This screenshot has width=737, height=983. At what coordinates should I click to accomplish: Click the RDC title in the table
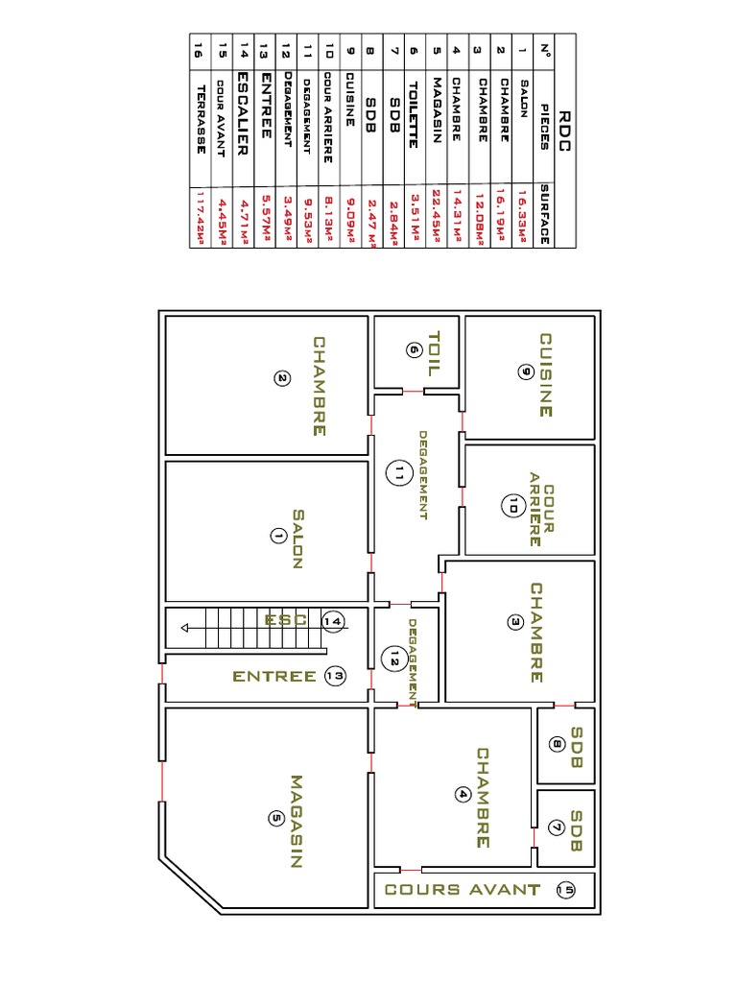[564, 131]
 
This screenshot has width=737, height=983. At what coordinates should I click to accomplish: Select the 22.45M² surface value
[437, 216]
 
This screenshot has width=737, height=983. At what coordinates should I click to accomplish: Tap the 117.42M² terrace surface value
[201, 217]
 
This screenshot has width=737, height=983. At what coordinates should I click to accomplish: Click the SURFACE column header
[545, 214]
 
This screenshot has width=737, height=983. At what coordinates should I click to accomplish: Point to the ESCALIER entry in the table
[243, 113]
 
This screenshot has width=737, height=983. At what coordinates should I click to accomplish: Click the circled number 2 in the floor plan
[282, 378]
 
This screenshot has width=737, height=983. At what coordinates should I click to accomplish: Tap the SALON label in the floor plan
[297, 539]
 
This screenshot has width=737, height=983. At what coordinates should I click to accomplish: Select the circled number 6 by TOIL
[415, 349]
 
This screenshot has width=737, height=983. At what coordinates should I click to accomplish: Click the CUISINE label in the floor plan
[546, 375]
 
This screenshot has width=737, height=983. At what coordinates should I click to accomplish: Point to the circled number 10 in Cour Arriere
[513, 505]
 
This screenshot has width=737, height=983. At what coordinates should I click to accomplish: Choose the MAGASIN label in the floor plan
[297, 822]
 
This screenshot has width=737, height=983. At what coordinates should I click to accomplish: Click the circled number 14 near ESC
[333, 621]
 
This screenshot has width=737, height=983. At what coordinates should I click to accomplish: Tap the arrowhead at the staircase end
[184, 628]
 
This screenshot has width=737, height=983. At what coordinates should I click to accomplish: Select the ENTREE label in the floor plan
[274, 677]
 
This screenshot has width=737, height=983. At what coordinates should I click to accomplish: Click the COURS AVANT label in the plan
[463, 890]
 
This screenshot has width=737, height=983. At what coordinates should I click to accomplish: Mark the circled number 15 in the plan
[565, 890]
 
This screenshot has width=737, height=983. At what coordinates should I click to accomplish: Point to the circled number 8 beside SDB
[557, 744]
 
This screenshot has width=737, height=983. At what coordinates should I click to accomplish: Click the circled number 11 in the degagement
[399, 472]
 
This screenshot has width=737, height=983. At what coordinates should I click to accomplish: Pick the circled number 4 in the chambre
[463, 794]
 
